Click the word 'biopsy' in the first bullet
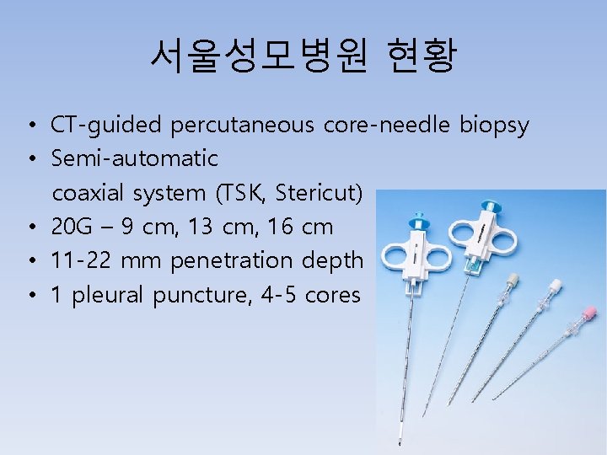point(494,126)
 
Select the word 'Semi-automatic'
point(135,158)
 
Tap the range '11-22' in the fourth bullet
point(82,261)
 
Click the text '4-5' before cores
point(274,296)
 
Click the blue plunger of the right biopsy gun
point(488,206)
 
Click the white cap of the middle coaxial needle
point(555,286)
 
